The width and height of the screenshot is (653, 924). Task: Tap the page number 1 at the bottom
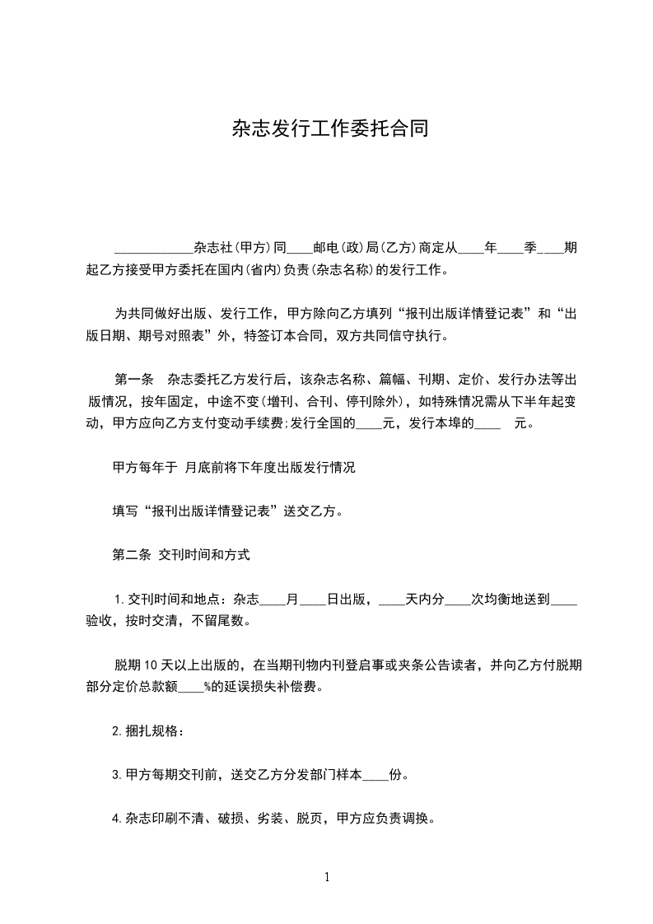(x=327, y=877)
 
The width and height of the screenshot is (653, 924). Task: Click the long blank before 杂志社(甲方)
(x=153, y=247)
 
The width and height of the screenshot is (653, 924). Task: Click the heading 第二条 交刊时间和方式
(x=180, y=555)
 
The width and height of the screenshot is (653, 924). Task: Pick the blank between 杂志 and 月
(x=273, y=600)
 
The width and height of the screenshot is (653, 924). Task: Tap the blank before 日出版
(x=313, y=600)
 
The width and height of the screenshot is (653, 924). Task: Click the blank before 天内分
(x=392, y=600)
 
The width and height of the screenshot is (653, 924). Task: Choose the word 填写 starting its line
(x=125, y=511)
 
